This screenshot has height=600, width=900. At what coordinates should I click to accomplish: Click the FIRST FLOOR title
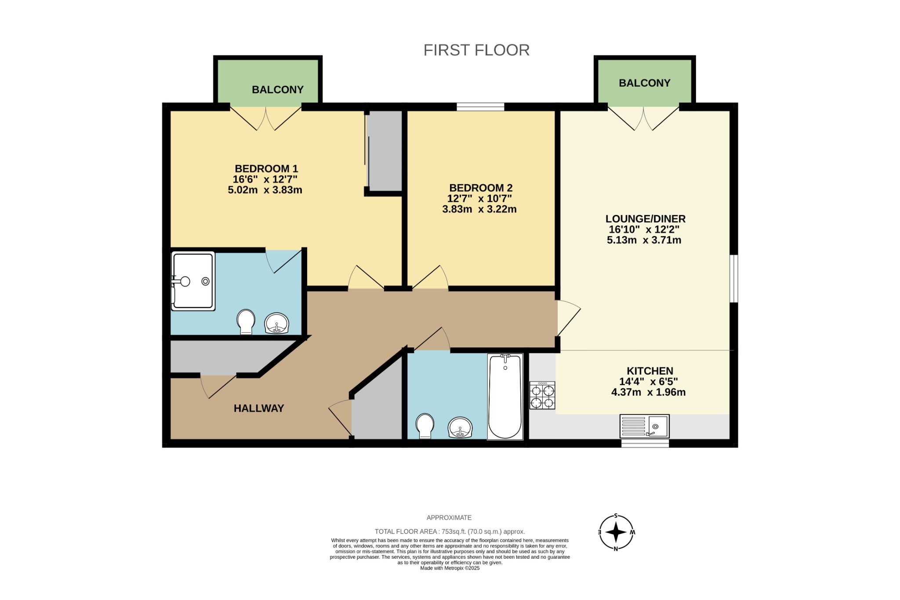tap(476, 50)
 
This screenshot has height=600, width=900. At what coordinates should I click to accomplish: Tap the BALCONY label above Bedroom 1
tap(277, 90)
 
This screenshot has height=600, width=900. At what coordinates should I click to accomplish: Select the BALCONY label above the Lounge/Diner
tap(644, 83)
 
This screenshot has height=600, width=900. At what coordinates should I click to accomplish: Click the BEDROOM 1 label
tap(266, 169)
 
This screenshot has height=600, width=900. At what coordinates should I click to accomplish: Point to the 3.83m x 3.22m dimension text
tap(479, 209)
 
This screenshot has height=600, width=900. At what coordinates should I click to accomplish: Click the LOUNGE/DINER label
tap(645, 219)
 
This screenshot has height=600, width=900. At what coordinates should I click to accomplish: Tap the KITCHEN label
tap(650, 371)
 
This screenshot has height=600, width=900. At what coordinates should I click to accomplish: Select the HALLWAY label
tap(259, 408)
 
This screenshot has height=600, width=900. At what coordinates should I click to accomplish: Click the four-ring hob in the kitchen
tap(542, 396)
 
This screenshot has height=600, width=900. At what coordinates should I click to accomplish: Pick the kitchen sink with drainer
tap(644, 426)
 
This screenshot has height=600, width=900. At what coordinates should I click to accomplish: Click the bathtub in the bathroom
tap(505, 396)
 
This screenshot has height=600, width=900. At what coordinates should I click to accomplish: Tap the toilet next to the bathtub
tap(425, 425)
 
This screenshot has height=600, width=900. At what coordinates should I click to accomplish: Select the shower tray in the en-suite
tap(193, 281)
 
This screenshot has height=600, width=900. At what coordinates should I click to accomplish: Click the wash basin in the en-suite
tap(276, 324)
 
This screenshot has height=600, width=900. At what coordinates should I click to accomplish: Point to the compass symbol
tap(616, 532)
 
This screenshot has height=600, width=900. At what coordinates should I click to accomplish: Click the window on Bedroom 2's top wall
tap(480, 106)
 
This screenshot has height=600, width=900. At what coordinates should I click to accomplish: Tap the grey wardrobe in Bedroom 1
tap(385, 150)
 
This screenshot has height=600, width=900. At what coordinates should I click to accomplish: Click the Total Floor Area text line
tap(450, 531)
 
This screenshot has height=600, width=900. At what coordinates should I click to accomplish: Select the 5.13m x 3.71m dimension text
tap(644, 240)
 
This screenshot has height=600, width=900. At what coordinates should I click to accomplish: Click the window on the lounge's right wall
tap(733, 278)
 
